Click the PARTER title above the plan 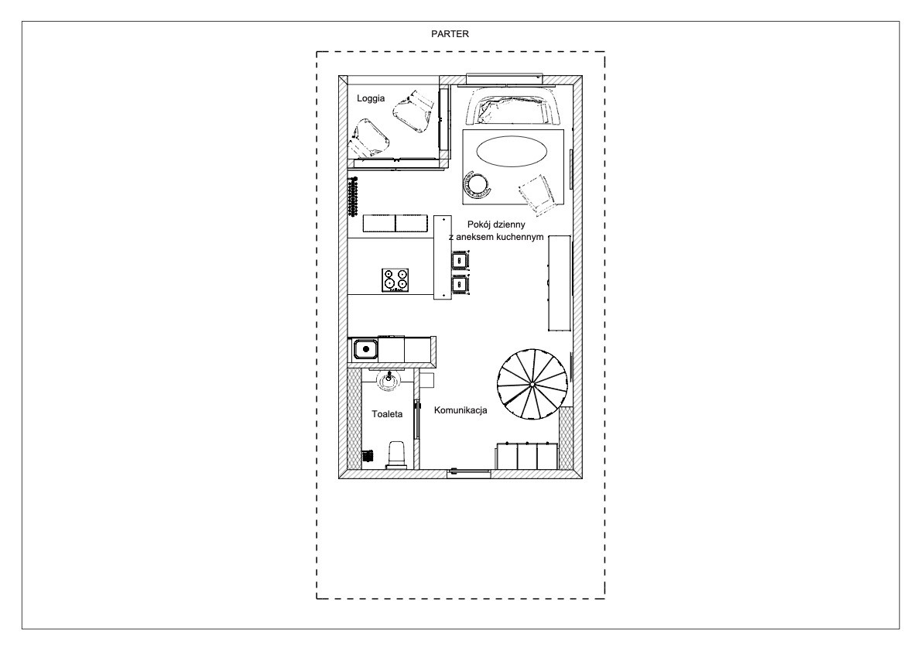450,34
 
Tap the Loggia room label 371,99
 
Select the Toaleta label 387,414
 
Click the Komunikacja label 460,410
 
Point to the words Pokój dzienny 496,224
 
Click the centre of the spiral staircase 532,384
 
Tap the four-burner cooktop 395,280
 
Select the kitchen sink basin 366,350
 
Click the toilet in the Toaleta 396,454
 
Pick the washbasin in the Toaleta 389,379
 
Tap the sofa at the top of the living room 513,106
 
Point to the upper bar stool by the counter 459,259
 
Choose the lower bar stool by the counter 459,284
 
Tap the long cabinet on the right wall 560,283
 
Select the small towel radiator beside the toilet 368,457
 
